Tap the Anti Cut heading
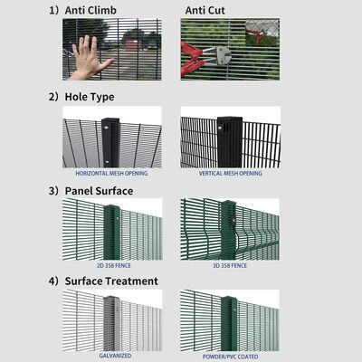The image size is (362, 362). (x=206, y=11)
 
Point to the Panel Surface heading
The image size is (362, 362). (x=99, y=191)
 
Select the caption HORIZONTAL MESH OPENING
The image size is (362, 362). (x=111, y=172)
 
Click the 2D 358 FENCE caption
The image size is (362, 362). (x=111, y=267)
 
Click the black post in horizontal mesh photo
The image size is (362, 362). (x=111, y=139)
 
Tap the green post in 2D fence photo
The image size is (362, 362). (x=111, y=233)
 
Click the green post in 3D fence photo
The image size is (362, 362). (x=230, y=233)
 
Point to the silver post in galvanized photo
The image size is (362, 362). (x=111, y=321)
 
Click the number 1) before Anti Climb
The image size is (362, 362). (x=53, y=11)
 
